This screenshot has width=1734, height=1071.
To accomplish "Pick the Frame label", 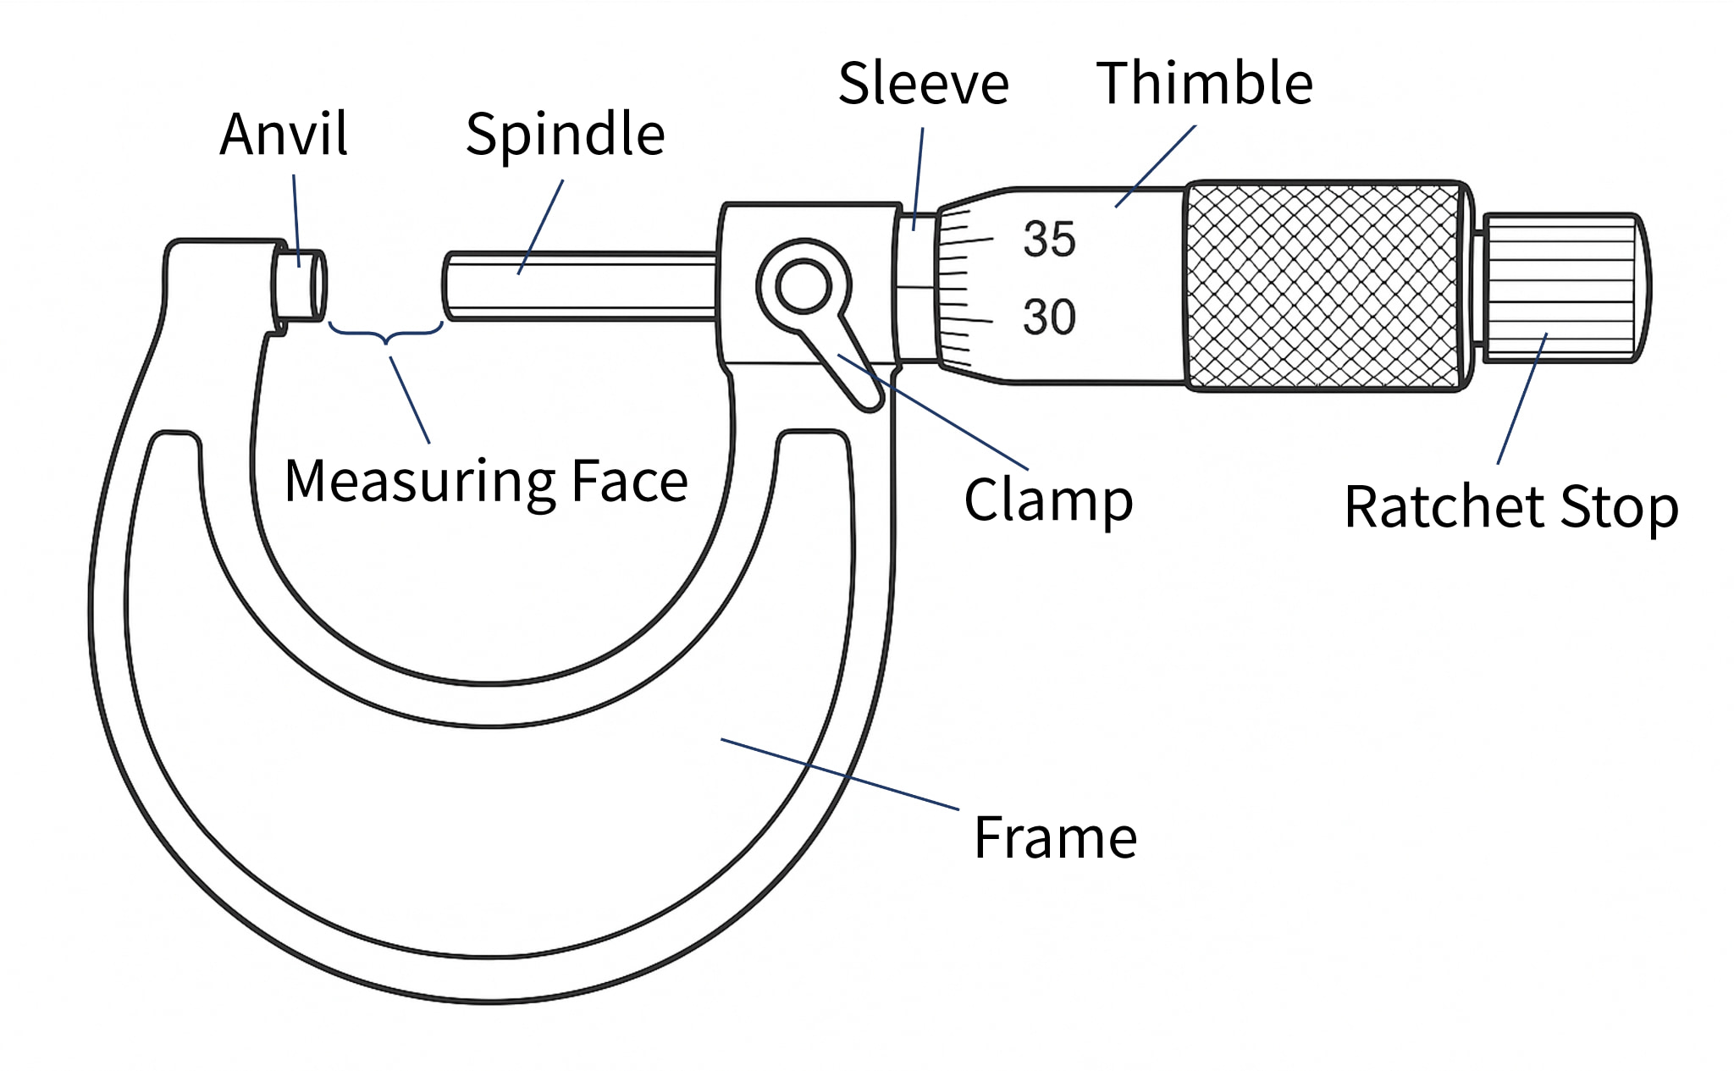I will [1055, 837].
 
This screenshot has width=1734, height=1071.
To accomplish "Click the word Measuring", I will [420, 481].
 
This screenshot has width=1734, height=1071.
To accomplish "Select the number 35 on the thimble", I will [1049, 239].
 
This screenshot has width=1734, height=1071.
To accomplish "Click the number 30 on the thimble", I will [1049, 317].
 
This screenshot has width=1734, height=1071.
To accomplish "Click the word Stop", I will [1619, 507].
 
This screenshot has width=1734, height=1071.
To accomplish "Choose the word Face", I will [629, 481].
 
